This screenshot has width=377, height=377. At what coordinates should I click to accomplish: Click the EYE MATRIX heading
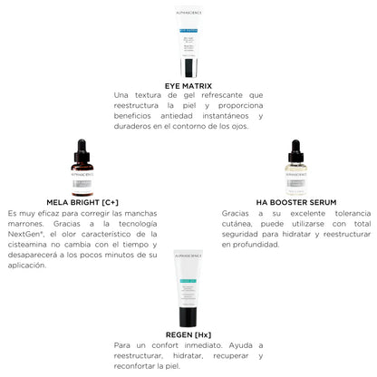tap(188, 86)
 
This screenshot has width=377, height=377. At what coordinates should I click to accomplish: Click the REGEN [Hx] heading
tap(188, 333)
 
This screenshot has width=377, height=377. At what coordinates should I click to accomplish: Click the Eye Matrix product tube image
tap(188, 43)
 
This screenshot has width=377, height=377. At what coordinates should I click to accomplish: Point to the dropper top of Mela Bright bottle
tap(82, 148)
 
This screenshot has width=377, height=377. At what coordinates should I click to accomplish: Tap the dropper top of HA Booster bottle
tap(295, 148)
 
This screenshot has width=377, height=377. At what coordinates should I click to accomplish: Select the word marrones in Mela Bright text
tap(28, 224)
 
